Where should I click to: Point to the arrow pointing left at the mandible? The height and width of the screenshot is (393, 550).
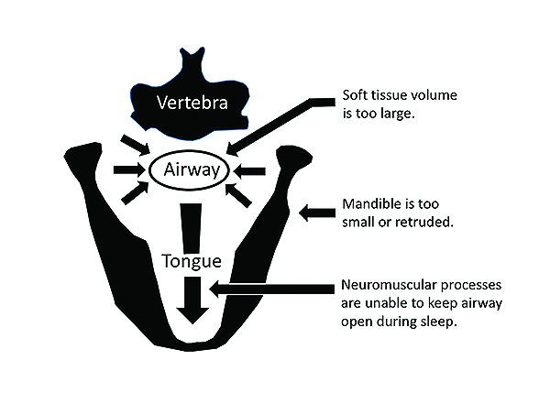[316, 213]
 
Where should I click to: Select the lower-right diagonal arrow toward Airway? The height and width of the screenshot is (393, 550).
[241, 195]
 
